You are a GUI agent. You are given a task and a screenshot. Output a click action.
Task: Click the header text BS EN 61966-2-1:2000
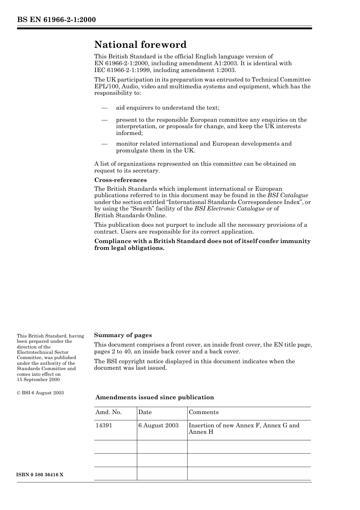pos(56,20)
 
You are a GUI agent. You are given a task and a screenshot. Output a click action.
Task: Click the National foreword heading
pos(140,45)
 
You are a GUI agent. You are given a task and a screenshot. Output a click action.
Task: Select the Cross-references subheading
pos(121,180)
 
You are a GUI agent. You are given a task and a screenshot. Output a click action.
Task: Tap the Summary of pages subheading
pos(123,335)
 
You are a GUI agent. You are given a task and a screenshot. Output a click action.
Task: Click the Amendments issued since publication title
pos(155,397)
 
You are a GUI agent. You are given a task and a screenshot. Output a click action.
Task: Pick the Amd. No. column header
pos(108,413)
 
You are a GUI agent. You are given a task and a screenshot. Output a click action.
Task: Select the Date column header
pos(145,413)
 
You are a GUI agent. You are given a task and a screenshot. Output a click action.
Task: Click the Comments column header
pos(203,413)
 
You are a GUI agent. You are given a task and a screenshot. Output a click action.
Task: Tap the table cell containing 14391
pos(104,425)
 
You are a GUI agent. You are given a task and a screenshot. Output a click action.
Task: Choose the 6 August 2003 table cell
pos(158,425)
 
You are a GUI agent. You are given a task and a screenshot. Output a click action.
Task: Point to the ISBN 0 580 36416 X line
pos(40,475)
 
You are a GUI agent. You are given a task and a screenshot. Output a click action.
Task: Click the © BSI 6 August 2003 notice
pos(40,393)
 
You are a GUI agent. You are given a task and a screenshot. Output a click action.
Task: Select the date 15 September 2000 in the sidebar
pos(38,380)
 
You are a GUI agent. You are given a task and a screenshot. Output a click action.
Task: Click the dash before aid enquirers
pos(104,108)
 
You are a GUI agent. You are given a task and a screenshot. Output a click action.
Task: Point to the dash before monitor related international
pos(104,144)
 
